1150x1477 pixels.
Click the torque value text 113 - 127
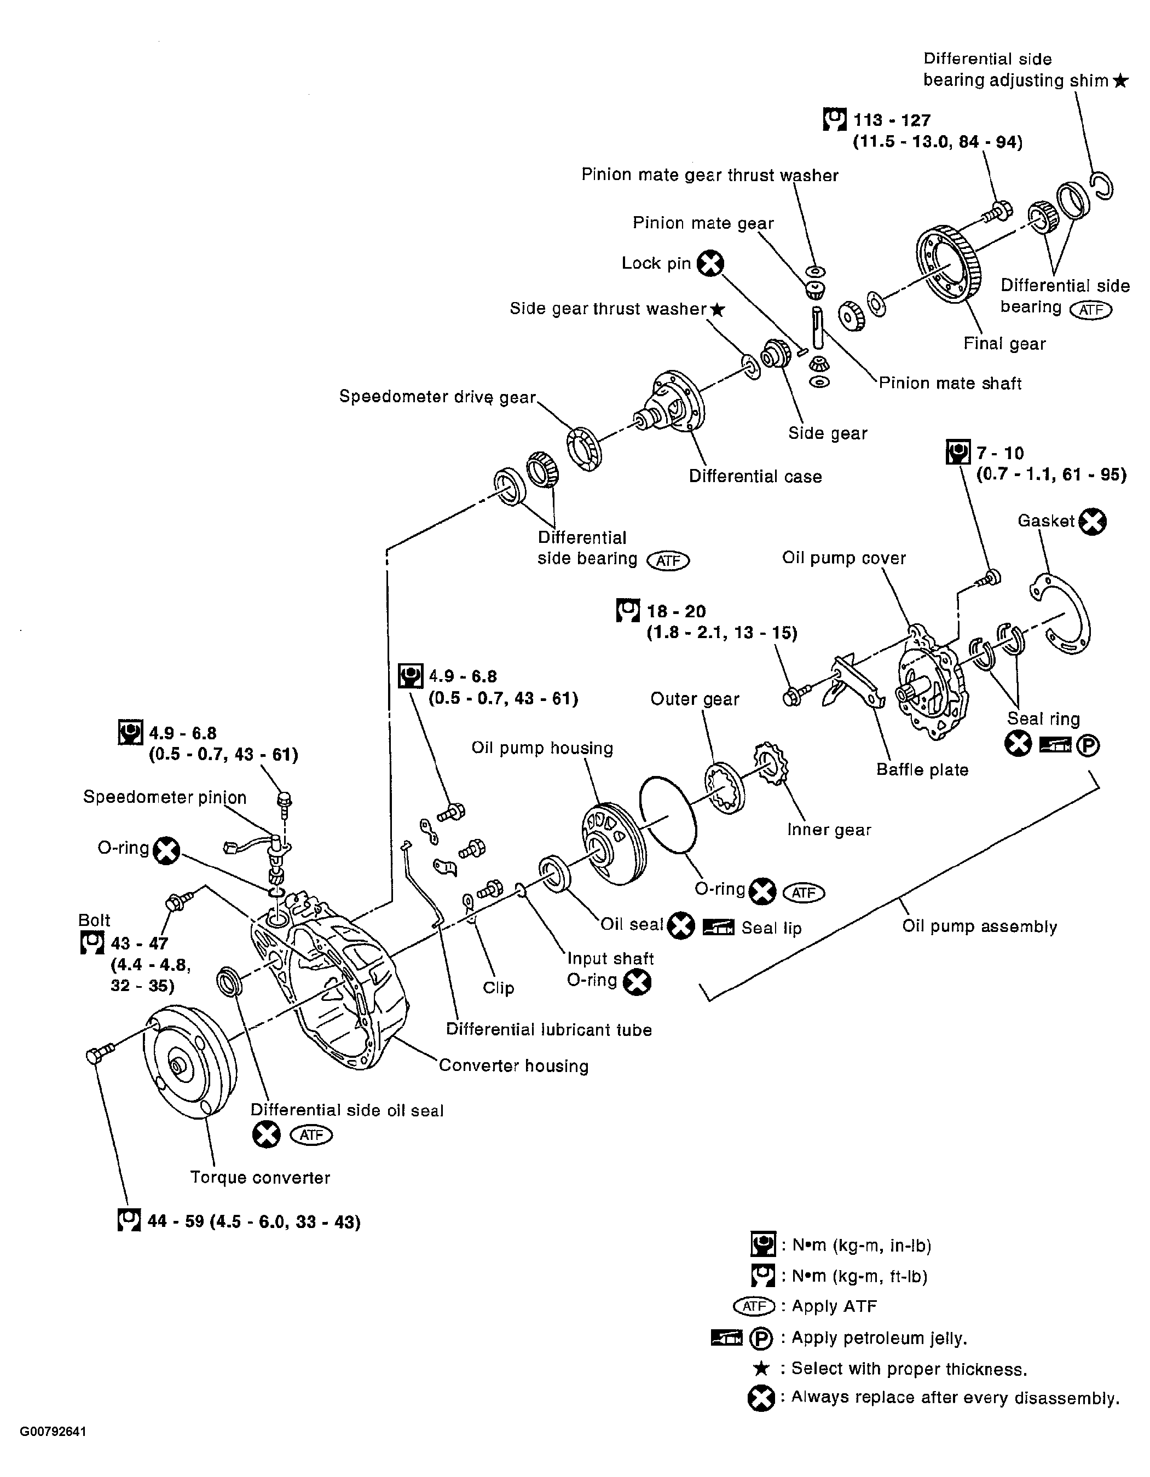tap(892, 120)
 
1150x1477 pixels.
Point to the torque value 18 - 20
tap(676, 611)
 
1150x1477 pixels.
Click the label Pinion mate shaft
tap(950, 384)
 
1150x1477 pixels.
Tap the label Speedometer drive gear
tap(437, 397)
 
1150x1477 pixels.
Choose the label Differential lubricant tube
tap(548, 1030)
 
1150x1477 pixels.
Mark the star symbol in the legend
tap(761, 1369)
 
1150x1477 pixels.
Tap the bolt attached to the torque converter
tap(98, 1055)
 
